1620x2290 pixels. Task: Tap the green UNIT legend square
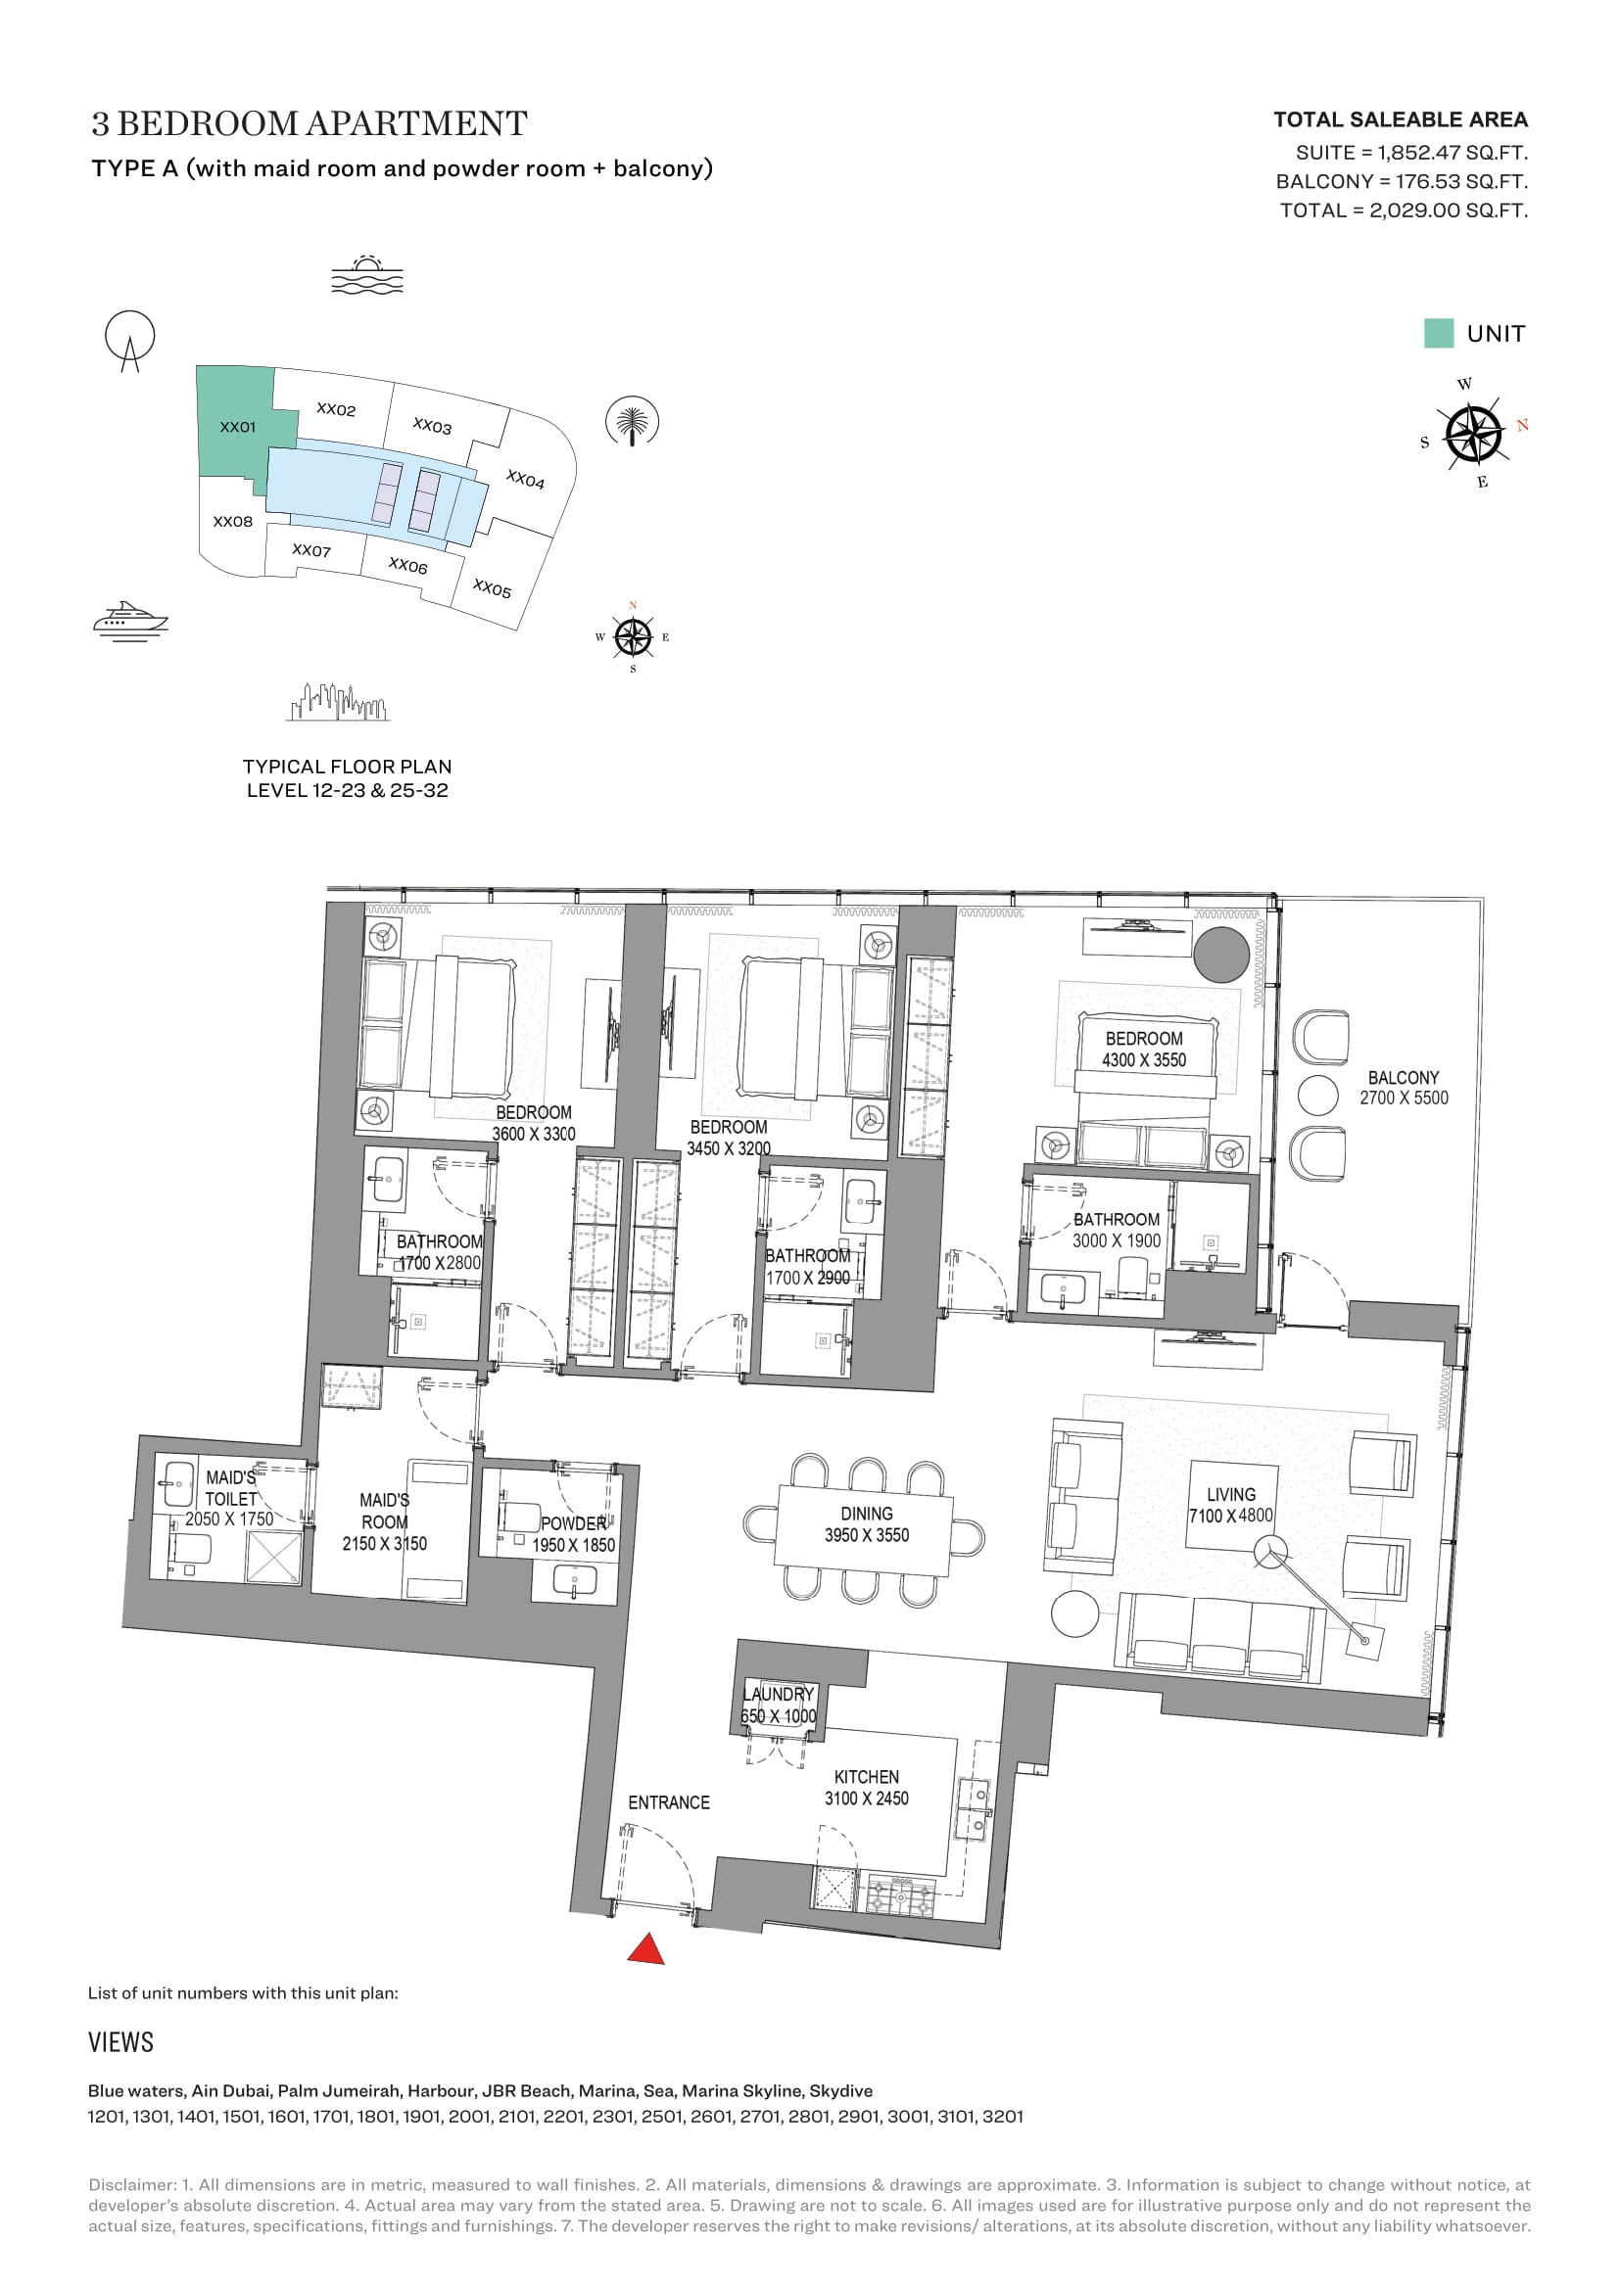click(1438, 333)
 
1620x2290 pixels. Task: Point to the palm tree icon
click(633, 422)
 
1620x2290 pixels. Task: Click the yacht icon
click(130, 620)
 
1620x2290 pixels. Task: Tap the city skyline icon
click(337, 702)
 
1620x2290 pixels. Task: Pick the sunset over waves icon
click(367, 274)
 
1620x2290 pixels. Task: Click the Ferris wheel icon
click(129, 340)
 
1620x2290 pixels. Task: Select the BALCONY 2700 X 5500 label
click(1404, 1088)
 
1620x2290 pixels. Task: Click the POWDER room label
click(574, 1534)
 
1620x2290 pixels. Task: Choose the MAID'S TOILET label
click(230, 1487)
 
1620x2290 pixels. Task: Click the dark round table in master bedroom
click(1221, 955)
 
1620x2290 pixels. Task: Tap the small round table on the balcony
click(1317, 1095)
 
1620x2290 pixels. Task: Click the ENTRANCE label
click(668, 1802)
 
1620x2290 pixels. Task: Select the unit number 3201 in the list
click(1003, 2116)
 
